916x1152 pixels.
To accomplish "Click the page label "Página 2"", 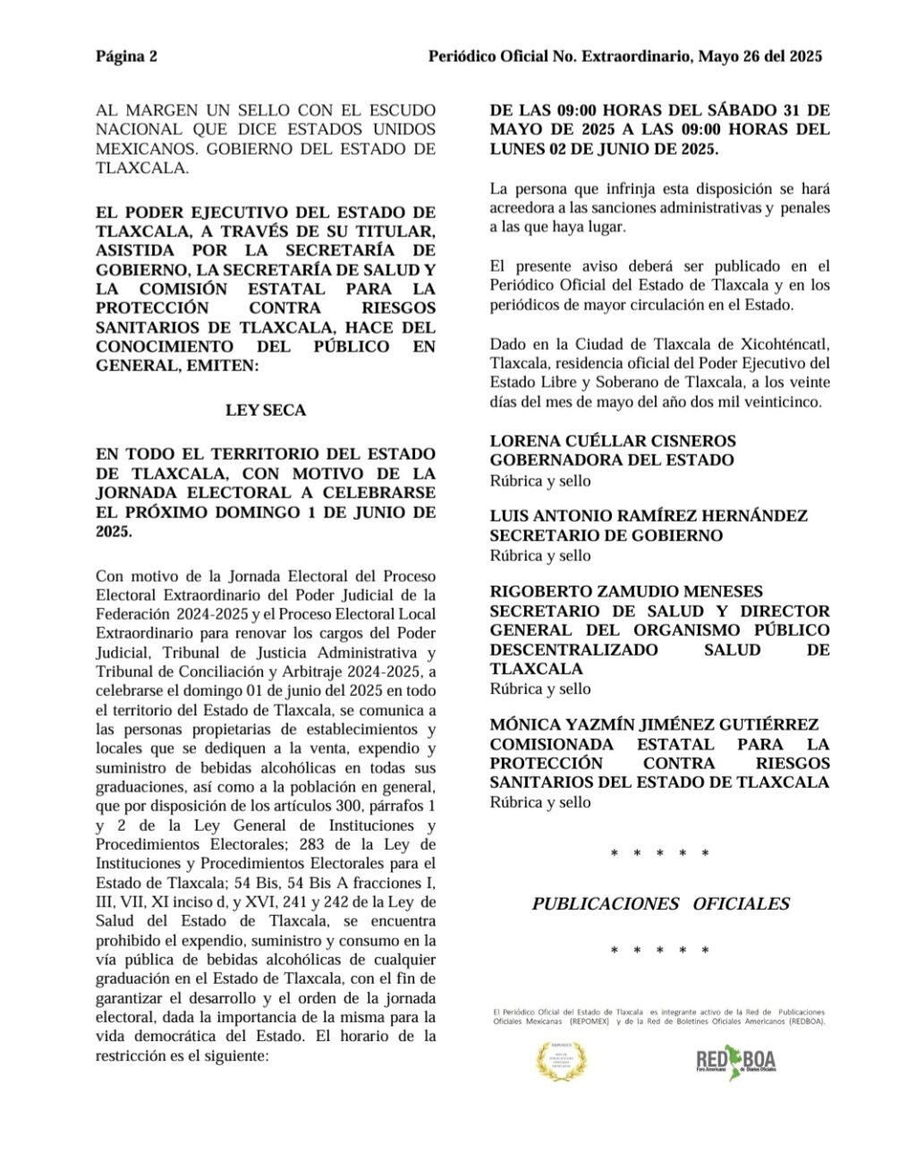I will pyautogui.click(x=126, y=56).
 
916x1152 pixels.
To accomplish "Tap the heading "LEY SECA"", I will pyautogui.click(x=266, y=411).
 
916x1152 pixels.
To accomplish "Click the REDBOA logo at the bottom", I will pyautogui.click(x=736, y=1063).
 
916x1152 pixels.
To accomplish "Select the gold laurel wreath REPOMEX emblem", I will pyautogui.click(x=562, y=1062).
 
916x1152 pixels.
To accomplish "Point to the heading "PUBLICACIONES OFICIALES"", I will pyautogui.click(x=660, y=903).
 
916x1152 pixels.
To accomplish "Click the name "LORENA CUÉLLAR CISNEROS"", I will pyautogui.click(x=613, y=441).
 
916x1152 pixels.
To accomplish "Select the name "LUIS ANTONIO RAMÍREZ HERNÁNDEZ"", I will pyautogui.click(x=649, y=516).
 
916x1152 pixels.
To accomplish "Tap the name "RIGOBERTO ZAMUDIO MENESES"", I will pyautogui.click(x=626, y=591).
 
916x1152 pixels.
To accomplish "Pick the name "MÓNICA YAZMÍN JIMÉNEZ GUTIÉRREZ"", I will pyautogui.click(x=654, y=724).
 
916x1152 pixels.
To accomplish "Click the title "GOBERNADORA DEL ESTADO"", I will pyautogui.click(x=612, y=460).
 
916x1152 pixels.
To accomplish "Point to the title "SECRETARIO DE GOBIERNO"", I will pyautogui.click(x=606, y=535).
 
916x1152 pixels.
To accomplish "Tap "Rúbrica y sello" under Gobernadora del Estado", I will pyautogui.click(x=540, y=480).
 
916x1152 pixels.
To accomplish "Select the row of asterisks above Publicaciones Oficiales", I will pyautogui.click(x=659, y=854).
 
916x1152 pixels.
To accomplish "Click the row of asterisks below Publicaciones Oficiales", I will pyautogui.click(x=659, y=951).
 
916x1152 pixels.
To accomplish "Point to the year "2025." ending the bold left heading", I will pyautogui.click(x=114, y=531).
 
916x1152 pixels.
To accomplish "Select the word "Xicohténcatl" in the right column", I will pyautogui.click(x=787, y=344).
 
